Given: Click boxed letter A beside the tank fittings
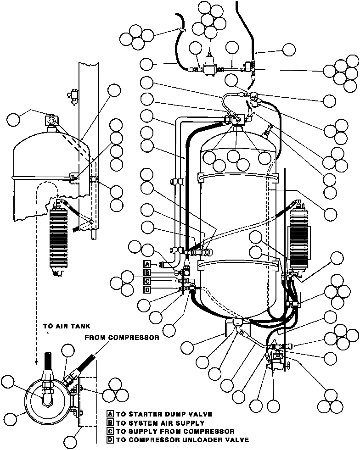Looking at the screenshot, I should [x=147, y=264].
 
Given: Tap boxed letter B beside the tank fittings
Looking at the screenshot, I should [x=147, y=272].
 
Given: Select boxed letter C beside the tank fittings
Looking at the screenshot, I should [x=147, y=281].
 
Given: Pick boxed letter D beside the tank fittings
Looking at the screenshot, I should [x=147, y=289].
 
